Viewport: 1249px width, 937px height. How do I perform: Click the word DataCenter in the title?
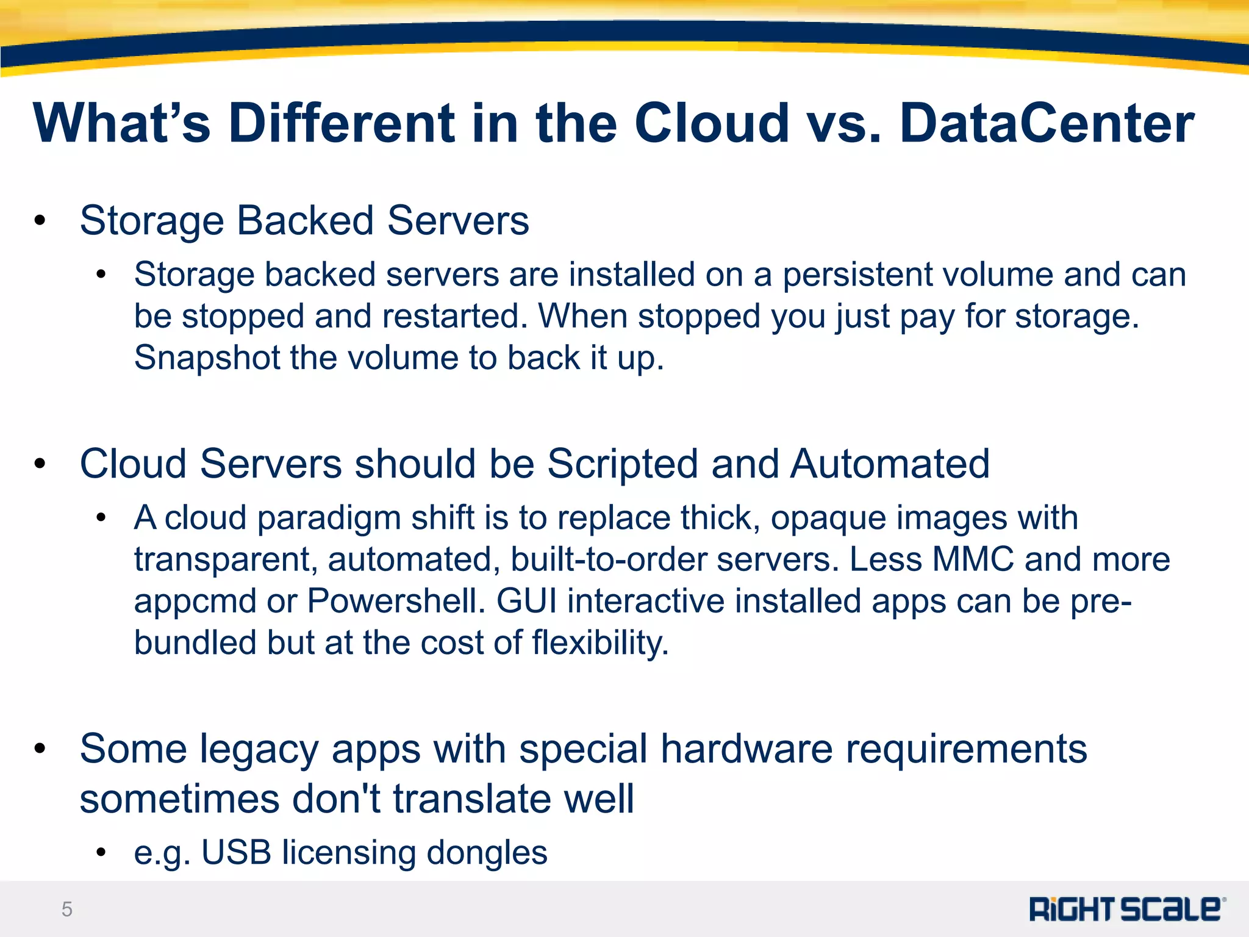coord(1047,124)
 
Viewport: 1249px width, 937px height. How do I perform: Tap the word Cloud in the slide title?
coord(712,124)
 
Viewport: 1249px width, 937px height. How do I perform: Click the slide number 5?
coord(67,910)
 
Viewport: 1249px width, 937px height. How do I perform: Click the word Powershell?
coord(396,601)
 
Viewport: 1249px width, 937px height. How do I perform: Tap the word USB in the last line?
coord(236,853)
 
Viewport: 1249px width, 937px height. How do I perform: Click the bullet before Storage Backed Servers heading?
coord(40,221)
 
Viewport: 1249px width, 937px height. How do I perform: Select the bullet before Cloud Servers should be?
coord(40,465)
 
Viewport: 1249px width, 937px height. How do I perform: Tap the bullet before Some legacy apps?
coord(40,750)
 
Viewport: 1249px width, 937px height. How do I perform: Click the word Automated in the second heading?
coord(890,464)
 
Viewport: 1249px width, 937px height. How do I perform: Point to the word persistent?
coord(857,275)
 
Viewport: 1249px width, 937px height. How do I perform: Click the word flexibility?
coord(600,643)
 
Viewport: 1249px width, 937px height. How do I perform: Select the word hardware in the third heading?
coord(746,749)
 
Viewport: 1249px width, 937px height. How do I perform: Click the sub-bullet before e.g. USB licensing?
coord(101,852)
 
